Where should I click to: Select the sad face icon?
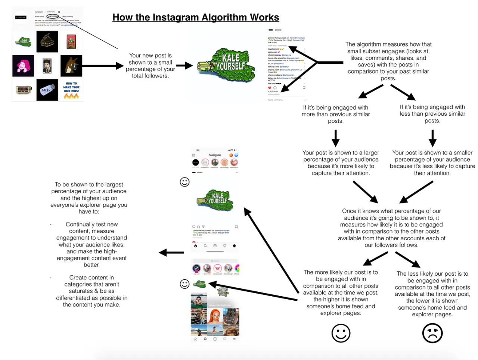[432, 333]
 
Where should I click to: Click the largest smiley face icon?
[341, 333]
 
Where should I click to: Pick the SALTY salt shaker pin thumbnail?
[47, 90]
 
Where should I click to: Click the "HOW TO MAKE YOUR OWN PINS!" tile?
[71, 90]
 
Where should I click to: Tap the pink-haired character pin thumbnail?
[23, 66]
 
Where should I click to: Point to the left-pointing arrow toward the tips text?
[171, 253]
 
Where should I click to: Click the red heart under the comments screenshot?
[270, 88]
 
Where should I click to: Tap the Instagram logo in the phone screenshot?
[215, 155]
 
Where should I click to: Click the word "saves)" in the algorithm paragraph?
[358, 65]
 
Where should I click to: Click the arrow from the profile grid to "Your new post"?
[102, 66]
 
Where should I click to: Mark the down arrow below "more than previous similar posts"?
[335, 138]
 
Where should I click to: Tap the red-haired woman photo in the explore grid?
[215, 316]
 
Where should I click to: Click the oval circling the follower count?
[52, 16]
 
